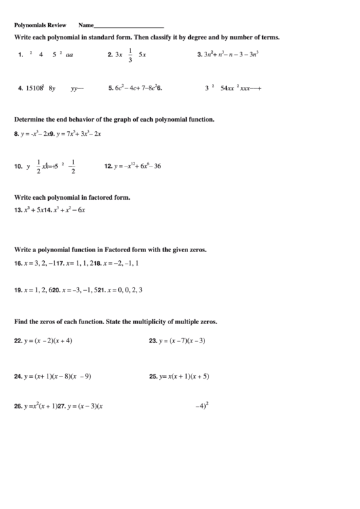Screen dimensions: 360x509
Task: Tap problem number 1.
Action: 21,55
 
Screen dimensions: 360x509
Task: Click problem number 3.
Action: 199,54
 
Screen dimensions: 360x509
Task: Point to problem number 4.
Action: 21,88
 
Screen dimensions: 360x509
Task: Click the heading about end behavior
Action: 114,119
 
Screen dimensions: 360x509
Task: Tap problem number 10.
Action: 19,165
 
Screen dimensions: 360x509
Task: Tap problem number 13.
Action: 18,210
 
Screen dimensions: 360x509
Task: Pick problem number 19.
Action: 18,289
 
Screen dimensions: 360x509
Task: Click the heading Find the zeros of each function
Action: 115,321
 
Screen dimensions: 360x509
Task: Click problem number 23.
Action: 153,340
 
